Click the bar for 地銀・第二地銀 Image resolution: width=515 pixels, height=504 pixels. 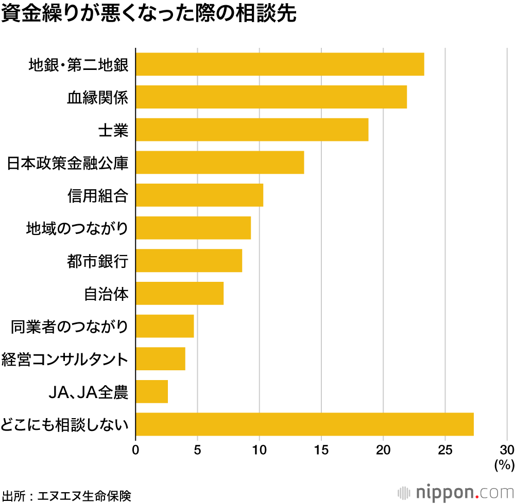click(280, 64)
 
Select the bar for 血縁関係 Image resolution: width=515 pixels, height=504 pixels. click(271, 97)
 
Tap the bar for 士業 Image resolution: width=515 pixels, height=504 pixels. click(252, 130)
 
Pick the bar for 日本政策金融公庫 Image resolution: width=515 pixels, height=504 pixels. click(219, 163)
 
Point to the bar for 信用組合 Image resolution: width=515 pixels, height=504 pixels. click(199, 195)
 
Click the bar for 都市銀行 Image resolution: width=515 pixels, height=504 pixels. click(188, 261)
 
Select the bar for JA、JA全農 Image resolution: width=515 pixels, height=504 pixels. click(151, 392)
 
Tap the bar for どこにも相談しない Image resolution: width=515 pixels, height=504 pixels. click(304, 424)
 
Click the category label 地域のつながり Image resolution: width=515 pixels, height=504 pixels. click(77, 228)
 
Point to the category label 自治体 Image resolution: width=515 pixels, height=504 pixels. click(106, 294)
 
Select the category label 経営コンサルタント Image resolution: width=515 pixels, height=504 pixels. click(64, 359)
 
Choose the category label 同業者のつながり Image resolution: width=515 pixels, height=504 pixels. click(69, 327)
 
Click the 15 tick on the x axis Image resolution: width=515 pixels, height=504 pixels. click(321, 449)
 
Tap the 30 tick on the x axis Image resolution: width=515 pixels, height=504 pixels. click(507, 449)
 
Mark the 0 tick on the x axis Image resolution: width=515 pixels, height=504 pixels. click(135, 449)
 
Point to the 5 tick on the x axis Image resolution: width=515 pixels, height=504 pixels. click(198, 449)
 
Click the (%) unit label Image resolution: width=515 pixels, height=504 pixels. click(504, 465)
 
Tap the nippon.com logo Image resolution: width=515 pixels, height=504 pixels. click(456, 492)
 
